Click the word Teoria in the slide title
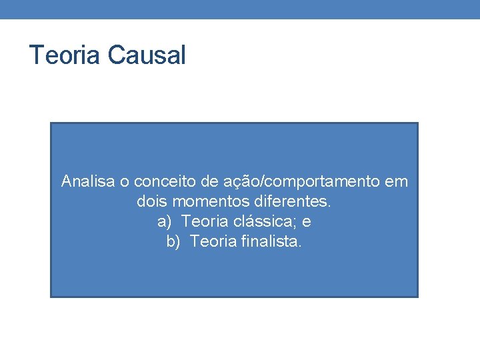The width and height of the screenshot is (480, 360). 64,55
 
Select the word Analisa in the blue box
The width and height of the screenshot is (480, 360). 87,181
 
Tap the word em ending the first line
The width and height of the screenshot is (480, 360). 397,181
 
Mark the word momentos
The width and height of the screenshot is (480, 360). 208,201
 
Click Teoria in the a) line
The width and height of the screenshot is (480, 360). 203,221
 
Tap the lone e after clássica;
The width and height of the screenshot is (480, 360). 307,221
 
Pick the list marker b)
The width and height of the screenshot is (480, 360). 173,241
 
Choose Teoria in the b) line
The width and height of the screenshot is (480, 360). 211,241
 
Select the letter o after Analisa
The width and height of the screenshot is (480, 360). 125,181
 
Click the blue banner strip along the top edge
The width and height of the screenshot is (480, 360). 240,9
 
